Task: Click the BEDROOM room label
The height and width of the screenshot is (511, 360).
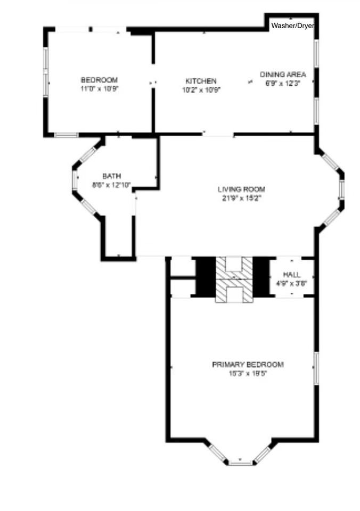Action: click(99, 80)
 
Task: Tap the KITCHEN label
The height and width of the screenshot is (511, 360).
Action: click(201, 81)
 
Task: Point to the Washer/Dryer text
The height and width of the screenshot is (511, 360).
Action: click(292, 26)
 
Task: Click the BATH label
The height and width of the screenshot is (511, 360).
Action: click(112, 176)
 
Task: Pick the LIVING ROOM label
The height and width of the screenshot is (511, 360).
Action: click(241, 189)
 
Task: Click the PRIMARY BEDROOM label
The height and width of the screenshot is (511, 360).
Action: click(248, 365)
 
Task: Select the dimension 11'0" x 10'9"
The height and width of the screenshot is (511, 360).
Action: click(99, 89)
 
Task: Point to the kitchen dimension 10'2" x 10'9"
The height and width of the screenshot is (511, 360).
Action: click(201, 90)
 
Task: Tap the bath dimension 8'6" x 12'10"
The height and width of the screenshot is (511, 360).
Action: click(112, 185)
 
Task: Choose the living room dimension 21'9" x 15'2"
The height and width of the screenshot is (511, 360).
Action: click(241, 197)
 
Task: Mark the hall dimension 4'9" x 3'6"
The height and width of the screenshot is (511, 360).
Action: click(291, 283)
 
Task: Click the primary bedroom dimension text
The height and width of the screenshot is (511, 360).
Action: click(248, 373)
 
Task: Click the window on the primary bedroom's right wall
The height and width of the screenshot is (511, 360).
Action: click(315, 367)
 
